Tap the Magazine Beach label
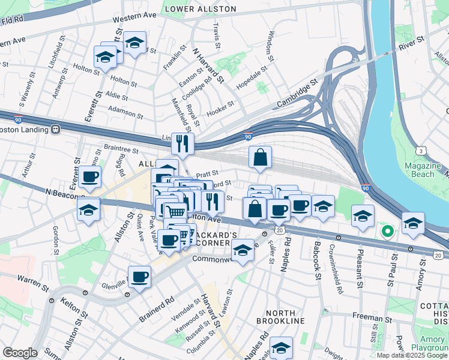pyautogui.click(x=419, y=170)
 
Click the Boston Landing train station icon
pyautogui.click(x=55, y=128)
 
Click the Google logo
pyautogui.click(x=20, y=353)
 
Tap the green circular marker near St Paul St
pyautogui.click(x=387, y=230)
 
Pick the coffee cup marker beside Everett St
pyautogui.click(x=89, y=176)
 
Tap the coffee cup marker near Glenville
pyautogui.click(x=139, y=277)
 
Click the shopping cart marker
pyautogui.click(x=175, y=211)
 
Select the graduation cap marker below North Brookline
pyautogui.click(x=281, y=347)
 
